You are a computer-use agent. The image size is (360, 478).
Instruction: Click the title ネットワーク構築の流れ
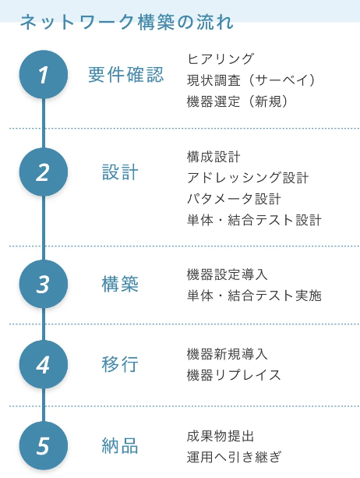click(127, 22)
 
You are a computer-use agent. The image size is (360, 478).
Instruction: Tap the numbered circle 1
click(44, 75)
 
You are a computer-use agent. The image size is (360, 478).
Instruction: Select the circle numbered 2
click(44, 172)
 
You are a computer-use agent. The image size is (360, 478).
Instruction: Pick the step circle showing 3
click(44, 284)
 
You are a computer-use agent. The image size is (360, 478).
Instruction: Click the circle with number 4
click(44, 365)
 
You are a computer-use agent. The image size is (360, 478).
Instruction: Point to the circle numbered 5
click(44, 446)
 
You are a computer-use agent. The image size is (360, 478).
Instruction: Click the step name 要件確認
click(126, 75)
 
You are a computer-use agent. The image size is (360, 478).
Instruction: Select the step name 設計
click(120, 172)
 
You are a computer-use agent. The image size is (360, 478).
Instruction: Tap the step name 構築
click(120, 284)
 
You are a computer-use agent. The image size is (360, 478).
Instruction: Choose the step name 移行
click(120, 365)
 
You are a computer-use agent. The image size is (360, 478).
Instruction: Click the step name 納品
click(120, 446)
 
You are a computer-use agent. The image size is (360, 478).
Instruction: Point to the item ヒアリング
click(221, 58)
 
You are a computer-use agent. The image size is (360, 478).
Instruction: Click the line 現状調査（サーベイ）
click(252, 80)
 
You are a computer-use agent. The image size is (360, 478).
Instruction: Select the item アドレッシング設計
click(248, 178)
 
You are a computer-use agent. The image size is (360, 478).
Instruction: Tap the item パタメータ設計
click(234, 199)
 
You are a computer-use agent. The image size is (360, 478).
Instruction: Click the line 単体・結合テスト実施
click(254, 296)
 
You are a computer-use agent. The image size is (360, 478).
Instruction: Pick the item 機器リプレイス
click(234, 375)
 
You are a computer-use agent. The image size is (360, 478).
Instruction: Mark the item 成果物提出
click(221, 436)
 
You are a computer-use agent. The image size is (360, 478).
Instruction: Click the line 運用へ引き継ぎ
click(234, 457)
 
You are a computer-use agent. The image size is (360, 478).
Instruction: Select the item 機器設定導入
click(228, 274)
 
